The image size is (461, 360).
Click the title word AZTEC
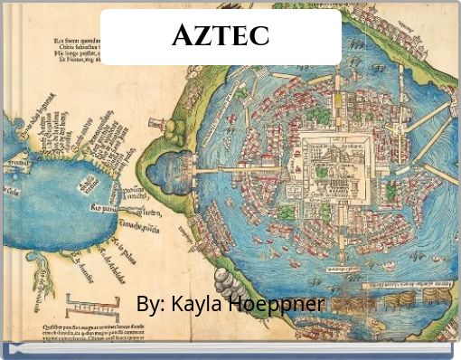pyautogui.click(x=221, y=36)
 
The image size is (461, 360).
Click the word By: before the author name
pyautogui.click(x=149, y=303)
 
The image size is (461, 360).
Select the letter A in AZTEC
pyautogui.click(x=181, y=36)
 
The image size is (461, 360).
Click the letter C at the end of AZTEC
pyautogui.click(x=260, y=36)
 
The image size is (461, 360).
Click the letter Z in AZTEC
pyautogui.click(x=202, y=36)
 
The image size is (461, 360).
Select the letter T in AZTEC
pyautogui.click(x=221, y=36)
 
